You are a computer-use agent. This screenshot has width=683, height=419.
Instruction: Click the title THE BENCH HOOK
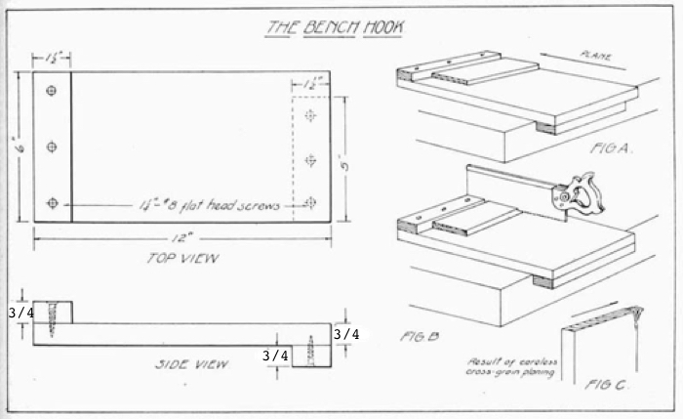[x=332, y=26]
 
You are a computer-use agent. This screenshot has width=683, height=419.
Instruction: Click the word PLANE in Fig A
[x=595, y=57]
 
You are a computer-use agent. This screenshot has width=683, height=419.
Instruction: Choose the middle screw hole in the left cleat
[x=52, y=147]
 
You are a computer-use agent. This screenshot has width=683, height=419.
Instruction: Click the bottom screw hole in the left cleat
[x=52, y=203]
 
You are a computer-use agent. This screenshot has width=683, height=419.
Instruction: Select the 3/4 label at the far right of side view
[x=346, y=334]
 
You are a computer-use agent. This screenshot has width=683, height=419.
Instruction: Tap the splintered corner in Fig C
[x=636, y=314]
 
